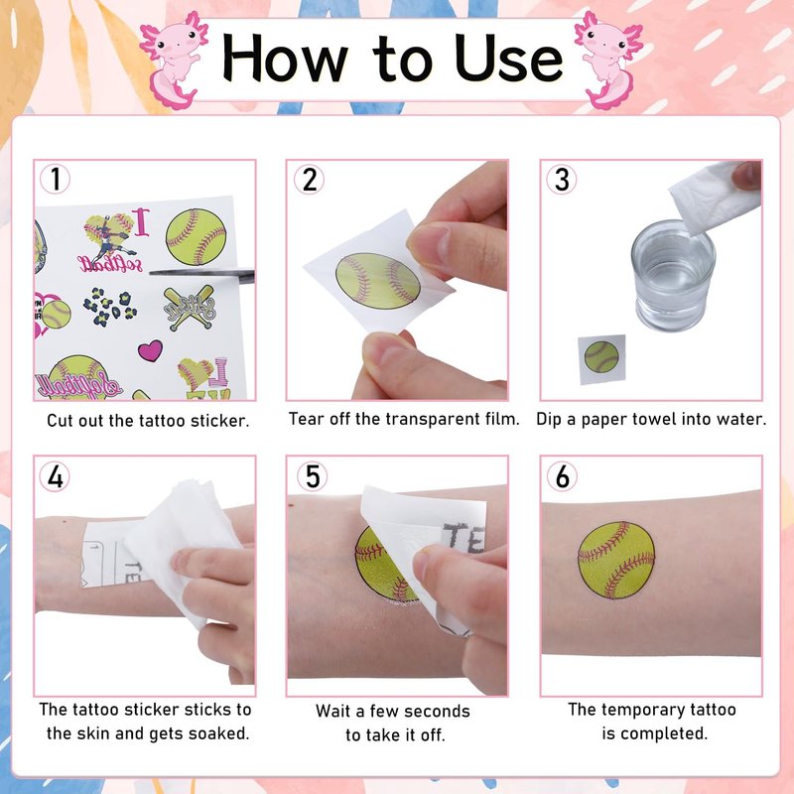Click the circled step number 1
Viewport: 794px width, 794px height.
click(x=55, y=179)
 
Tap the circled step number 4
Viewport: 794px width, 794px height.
click(x=55, y=476)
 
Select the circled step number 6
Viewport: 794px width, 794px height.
click(x=562, y=476)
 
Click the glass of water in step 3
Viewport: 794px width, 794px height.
click(x=673, y=275)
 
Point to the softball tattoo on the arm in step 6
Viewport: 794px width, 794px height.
click(x=616, y=560)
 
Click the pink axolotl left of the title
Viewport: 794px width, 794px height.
click(x=173, y=60)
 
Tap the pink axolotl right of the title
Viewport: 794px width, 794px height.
click(x=609, y=60)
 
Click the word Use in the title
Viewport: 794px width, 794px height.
click(x=508, y=59)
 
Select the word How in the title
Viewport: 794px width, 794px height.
click(x=285, y=58)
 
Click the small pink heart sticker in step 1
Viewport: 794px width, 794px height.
click(x=151, y=350)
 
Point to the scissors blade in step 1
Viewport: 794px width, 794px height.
click(x=201, y=274)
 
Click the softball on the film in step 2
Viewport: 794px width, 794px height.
click(x=378, y=281)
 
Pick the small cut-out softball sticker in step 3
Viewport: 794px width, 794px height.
click(x=601, y=357)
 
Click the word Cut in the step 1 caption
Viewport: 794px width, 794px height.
click(x=59, y=420)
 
